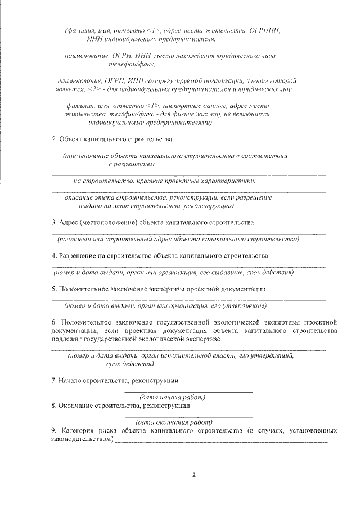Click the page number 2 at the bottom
(193, 475)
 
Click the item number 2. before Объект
(55, 138)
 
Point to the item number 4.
(54, 256)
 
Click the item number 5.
(54, 289)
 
